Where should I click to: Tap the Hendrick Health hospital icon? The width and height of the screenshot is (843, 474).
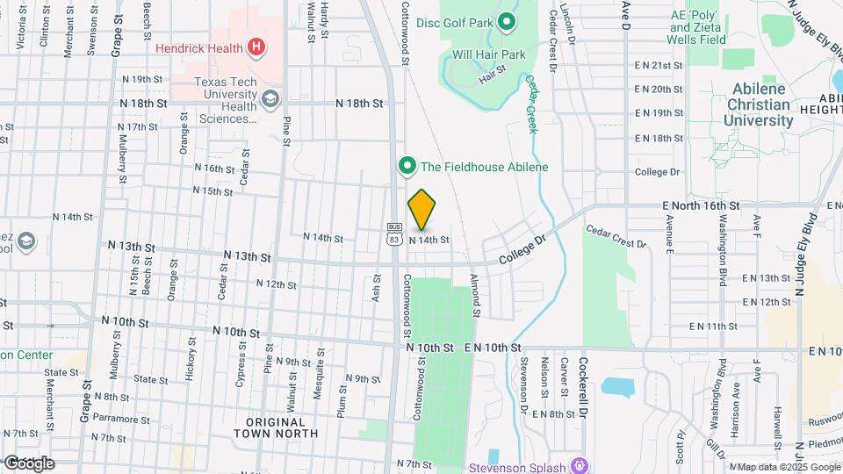256,47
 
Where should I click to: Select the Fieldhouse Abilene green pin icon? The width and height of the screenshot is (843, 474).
407,166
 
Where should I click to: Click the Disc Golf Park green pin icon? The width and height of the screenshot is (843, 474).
506,21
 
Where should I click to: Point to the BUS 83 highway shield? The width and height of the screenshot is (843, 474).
393,233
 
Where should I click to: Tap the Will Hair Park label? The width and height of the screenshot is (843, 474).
488,54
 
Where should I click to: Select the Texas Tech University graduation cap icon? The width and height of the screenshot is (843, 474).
270,98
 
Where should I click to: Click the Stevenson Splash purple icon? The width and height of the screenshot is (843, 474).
578,464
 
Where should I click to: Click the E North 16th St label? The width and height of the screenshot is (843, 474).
702,205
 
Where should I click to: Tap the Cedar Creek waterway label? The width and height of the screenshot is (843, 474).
530,104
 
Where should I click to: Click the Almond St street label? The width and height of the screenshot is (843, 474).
474,296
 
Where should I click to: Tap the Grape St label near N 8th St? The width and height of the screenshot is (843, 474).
86,396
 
